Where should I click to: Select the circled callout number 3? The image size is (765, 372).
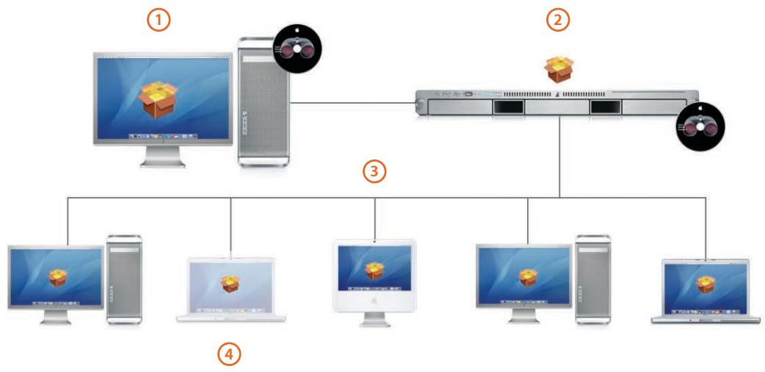[374, 172]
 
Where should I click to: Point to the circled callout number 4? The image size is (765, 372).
[230, 354]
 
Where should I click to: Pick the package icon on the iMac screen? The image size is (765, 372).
[374, 273]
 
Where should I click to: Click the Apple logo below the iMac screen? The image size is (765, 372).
[374, 301]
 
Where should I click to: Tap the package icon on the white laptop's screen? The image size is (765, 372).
[231, 283]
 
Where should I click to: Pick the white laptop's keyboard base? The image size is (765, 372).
[231, 318]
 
